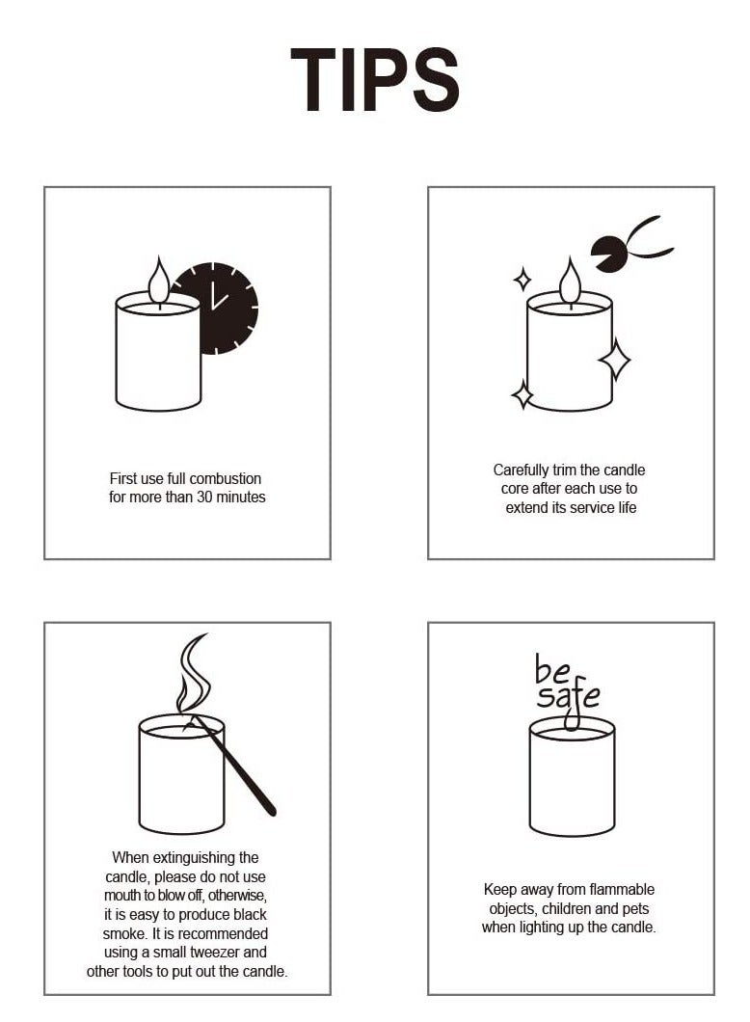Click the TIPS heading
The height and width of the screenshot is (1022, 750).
375,79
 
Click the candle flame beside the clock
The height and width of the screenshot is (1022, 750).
158,281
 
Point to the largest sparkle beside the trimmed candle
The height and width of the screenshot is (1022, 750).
614,359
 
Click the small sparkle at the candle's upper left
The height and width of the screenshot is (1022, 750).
522,279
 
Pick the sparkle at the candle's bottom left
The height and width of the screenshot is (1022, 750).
522,395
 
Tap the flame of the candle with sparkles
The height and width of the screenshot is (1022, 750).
570,281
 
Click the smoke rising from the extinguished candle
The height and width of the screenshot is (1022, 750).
192,675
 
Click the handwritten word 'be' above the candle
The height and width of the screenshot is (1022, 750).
552,670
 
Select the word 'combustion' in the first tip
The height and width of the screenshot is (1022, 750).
226,478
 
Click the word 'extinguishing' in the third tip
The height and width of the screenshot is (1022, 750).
205,858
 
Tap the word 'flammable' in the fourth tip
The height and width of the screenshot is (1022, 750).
622,890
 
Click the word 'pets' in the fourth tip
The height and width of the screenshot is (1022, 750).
635,909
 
